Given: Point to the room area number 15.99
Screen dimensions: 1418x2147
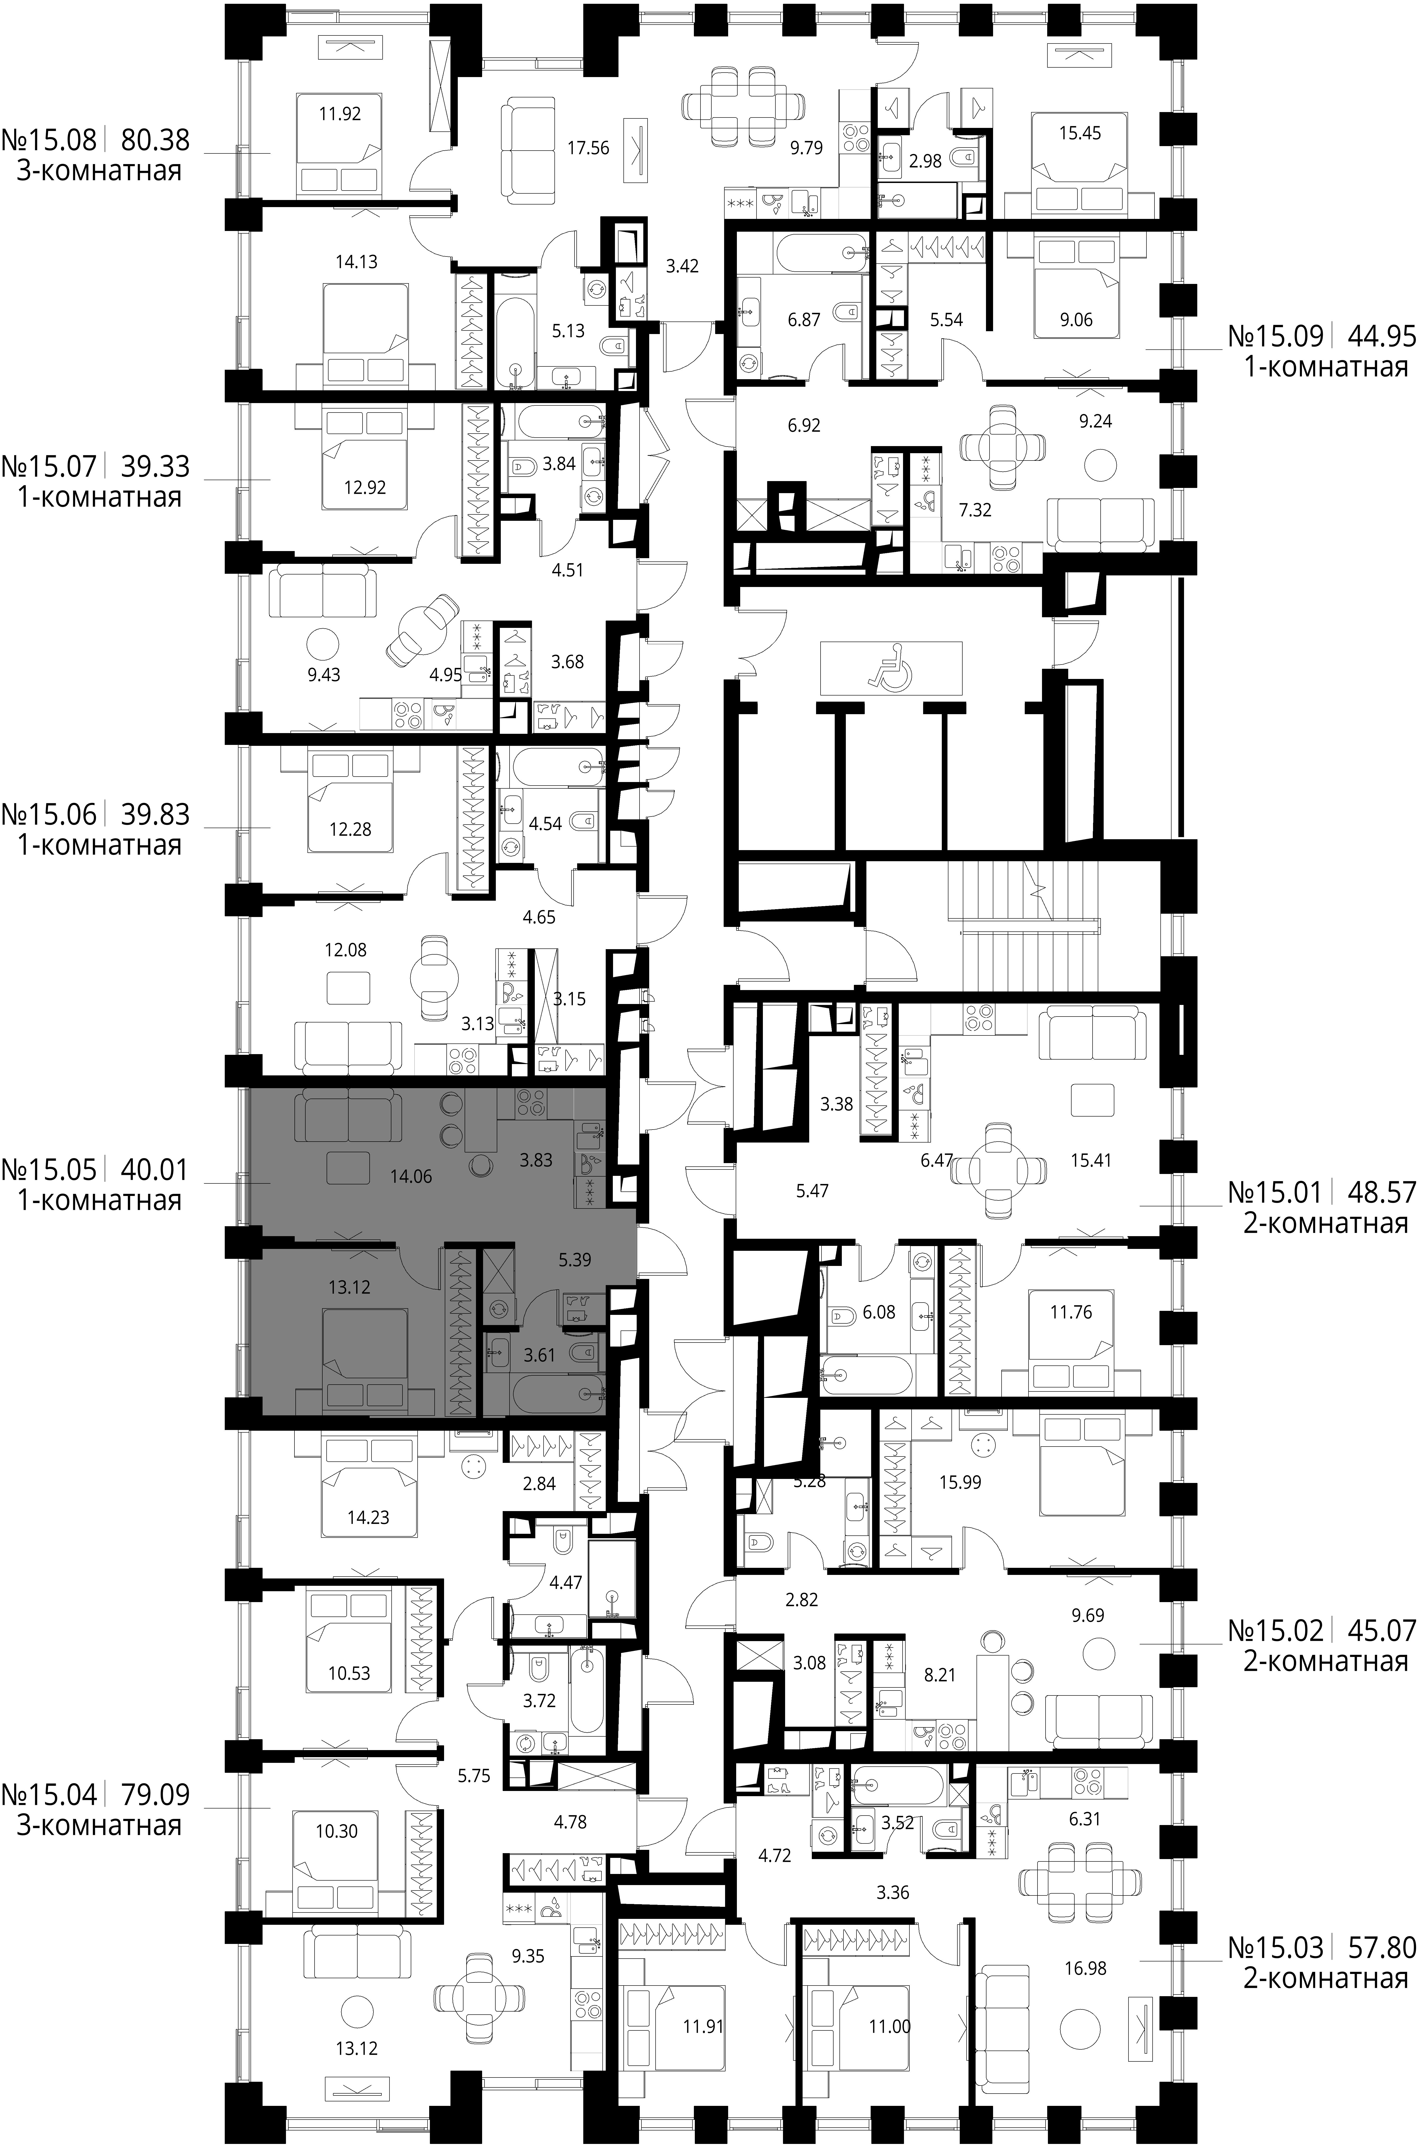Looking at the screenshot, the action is [x=960, y=1482].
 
